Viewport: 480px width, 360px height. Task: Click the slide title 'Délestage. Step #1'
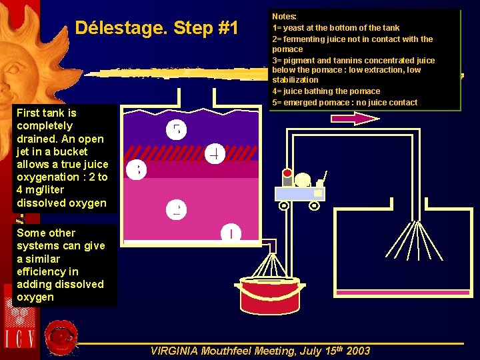[157, 28]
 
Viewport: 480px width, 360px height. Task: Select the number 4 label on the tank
[215, 154]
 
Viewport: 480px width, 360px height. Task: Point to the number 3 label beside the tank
[135, 171]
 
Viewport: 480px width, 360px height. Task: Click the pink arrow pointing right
[355, 119]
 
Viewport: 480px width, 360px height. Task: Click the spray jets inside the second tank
[417, 239]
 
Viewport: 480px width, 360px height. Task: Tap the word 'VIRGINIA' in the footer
[174, 351]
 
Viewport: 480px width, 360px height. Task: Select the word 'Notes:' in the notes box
[285, 16]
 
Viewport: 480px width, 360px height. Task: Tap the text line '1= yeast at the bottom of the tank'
[336, 27]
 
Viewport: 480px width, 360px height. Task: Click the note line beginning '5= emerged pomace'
[345, 102]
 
